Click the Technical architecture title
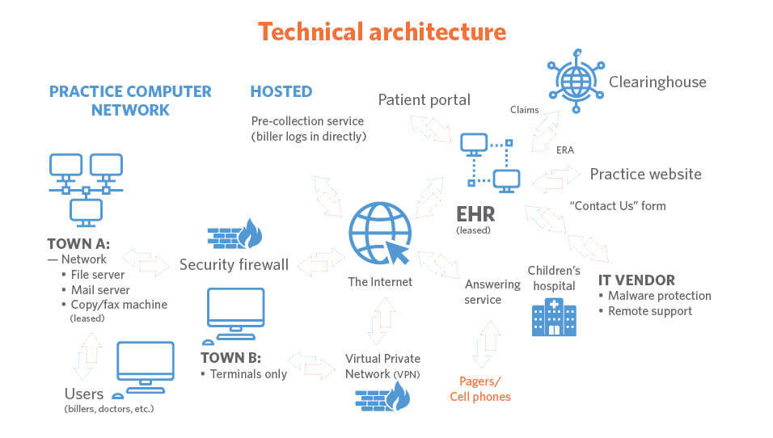(382, 32)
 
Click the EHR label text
(474, 215)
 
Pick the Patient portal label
(425, 100)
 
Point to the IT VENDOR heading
(636, 280)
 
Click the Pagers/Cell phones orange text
(480, 389)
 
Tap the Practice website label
(645, 174)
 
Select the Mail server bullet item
(100, 290)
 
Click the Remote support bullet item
(650, 311)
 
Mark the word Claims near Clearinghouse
(524, 110)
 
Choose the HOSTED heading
(281, 91)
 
